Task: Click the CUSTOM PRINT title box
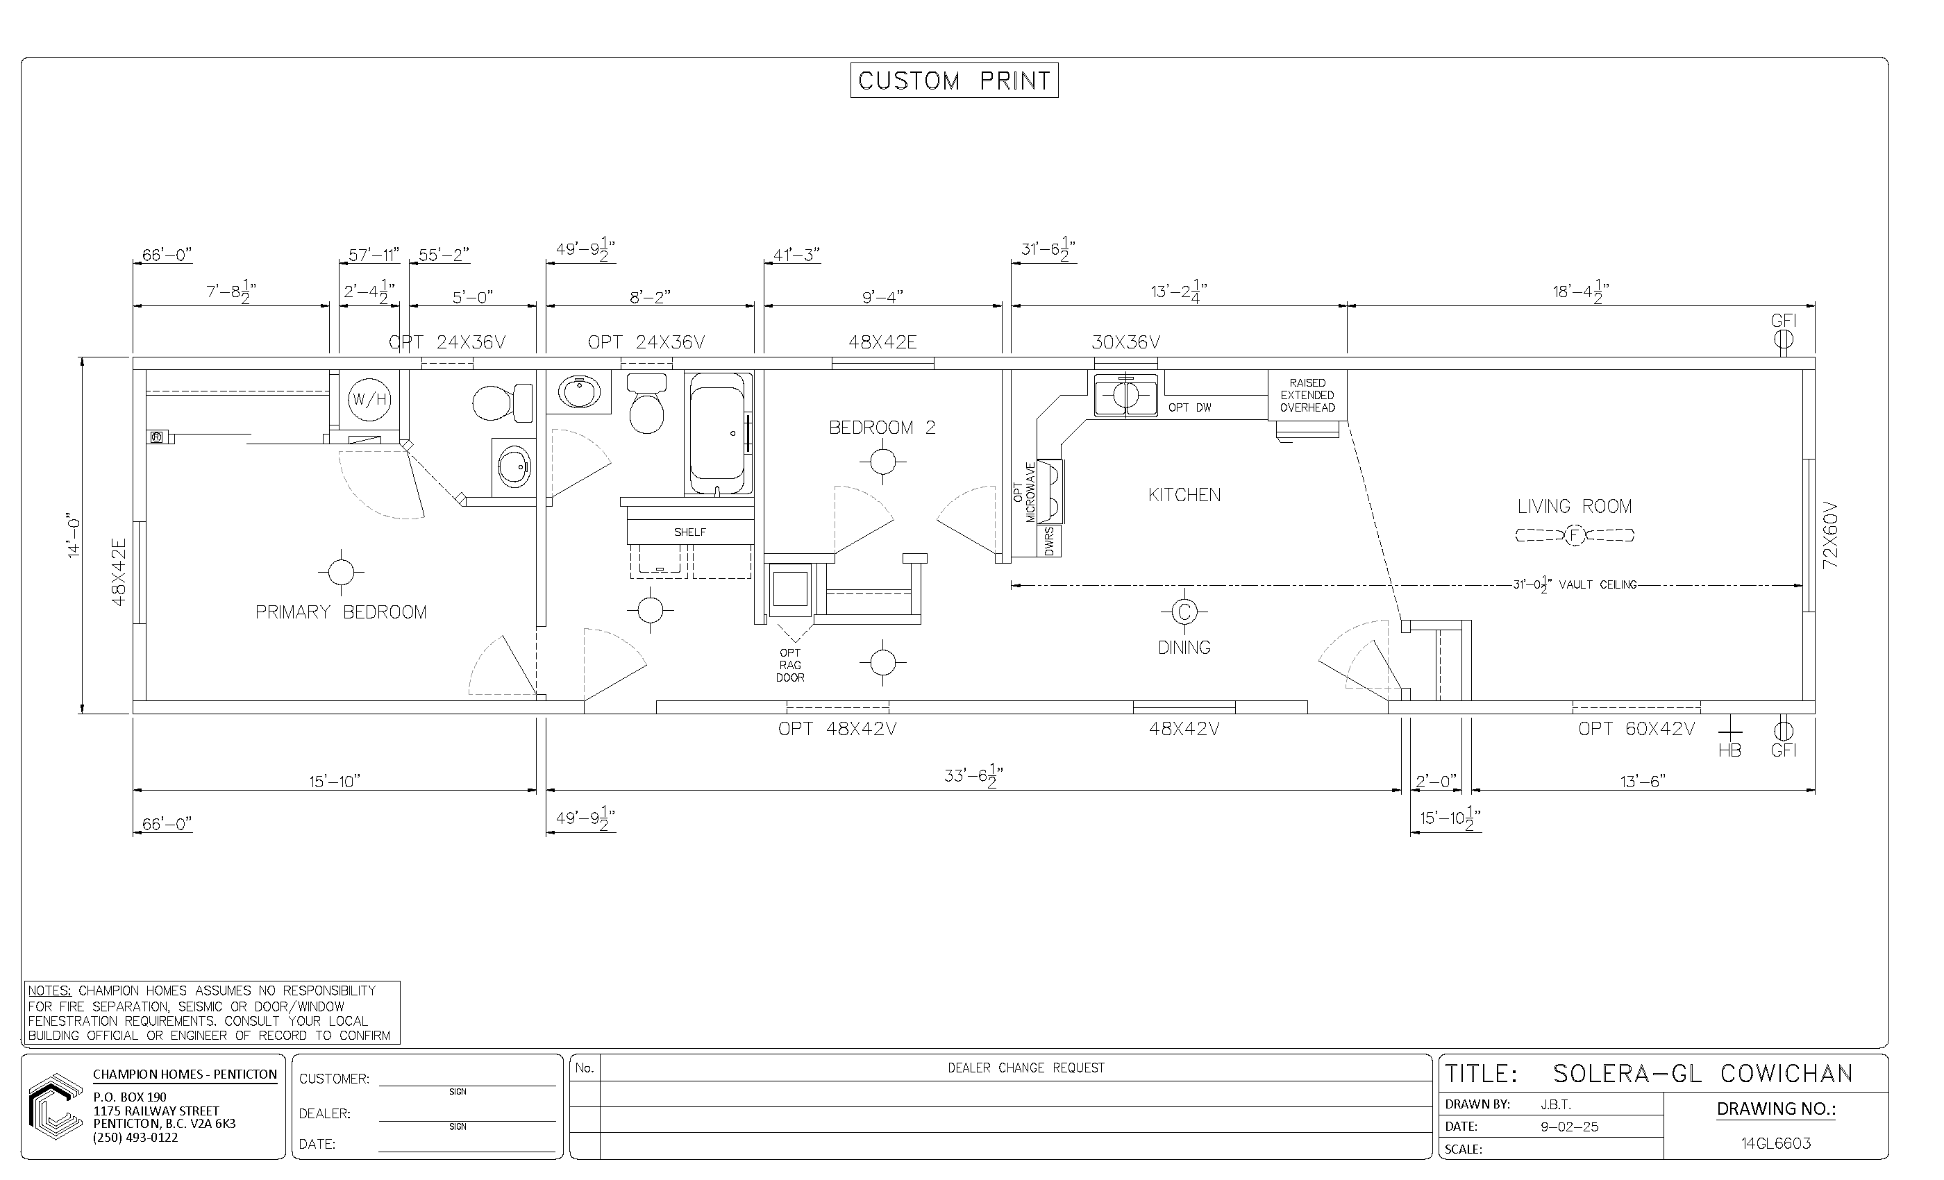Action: click(954, 81)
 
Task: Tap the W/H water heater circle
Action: click(369, 399)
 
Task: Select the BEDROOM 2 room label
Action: click(882, 428)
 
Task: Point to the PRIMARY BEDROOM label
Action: click(341, 612)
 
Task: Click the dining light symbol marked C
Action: click(1184, 612)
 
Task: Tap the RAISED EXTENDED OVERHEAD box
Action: click(1307, 395)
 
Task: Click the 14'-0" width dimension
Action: click(74, 537)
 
